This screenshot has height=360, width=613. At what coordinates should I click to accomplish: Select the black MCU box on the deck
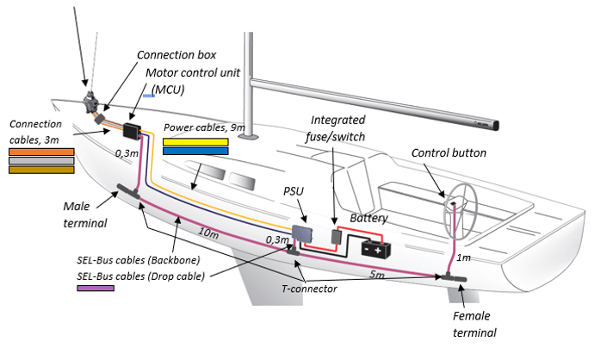pos(133,131)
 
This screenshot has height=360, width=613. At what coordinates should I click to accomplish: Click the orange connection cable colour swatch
pos(41,152)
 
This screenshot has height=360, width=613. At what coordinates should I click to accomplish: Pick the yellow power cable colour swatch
pos(195,141)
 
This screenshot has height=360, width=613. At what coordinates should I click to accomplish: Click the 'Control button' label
pos(472,153)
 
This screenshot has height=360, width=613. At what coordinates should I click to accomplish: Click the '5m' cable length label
pos(376,276)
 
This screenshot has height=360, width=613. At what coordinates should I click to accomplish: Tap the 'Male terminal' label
pos(84,214)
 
